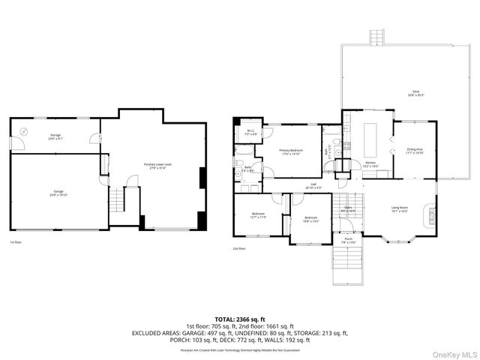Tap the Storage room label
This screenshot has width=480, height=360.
(x=55, y=136)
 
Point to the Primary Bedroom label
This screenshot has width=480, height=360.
(x=291, y=151)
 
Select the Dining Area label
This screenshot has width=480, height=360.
(x=415, y=151)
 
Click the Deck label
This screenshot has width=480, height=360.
(x=415, y=94)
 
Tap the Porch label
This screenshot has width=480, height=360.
(x=348, y=240)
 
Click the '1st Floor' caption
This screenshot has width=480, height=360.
(x=16, y=242)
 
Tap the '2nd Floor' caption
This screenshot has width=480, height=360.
(x=239, y=248)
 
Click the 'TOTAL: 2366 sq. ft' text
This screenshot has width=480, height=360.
(x=239, y=319)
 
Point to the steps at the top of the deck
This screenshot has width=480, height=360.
(x=376, y=37)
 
